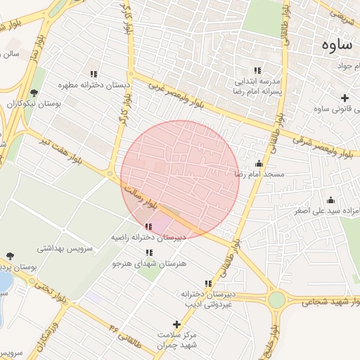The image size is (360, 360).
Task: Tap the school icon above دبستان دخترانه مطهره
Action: [x=94, y=73]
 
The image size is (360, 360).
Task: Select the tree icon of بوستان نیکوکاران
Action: [x=33, y=92]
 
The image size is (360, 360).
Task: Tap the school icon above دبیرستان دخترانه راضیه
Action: [x=148, y=226]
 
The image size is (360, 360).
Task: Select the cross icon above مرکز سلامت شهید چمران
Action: [x=176, y=324]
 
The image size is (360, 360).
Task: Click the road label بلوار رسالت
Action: [x=138, y=194]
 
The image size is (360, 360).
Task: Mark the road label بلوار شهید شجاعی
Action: [x=330, y=303]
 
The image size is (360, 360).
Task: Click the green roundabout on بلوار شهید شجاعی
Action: [x=276, y=300]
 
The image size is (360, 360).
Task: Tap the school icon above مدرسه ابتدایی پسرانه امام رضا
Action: [x=257, y=70]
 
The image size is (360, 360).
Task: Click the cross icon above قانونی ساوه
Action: [x=345, y=98]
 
